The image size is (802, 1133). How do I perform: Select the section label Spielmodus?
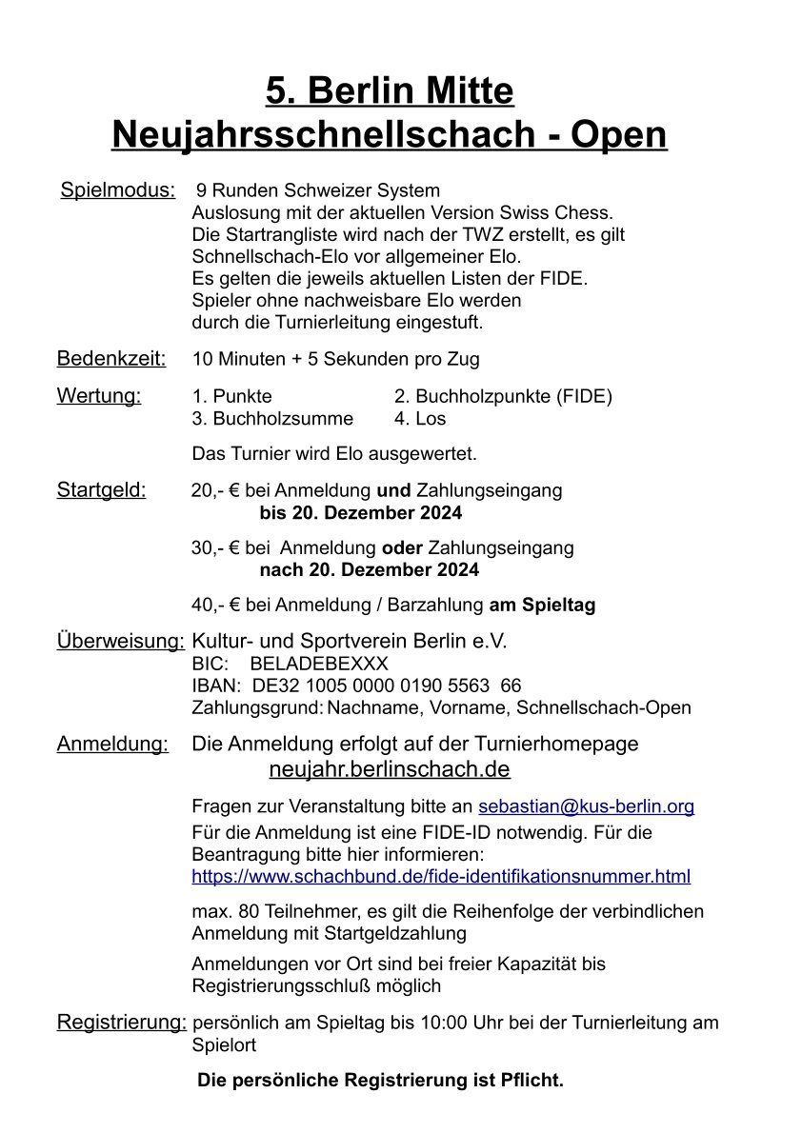118,189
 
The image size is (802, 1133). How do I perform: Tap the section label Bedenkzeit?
111,359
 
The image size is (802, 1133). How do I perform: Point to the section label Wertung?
99,396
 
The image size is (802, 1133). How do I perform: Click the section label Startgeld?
102,490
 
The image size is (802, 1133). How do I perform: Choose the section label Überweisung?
121,642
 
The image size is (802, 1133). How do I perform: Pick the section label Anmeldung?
113,744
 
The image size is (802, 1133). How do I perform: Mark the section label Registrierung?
122,1023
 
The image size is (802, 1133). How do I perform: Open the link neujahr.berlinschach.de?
390,768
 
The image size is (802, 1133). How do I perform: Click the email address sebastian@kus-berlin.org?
586,806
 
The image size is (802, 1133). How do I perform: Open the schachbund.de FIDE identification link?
441,876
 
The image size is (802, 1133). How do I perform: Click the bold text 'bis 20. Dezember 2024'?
361,513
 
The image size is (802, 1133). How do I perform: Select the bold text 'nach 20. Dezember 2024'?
370,570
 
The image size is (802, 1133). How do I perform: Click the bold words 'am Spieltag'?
542,606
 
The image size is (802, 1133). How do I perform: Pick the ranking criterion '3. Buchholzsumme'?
272,419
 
